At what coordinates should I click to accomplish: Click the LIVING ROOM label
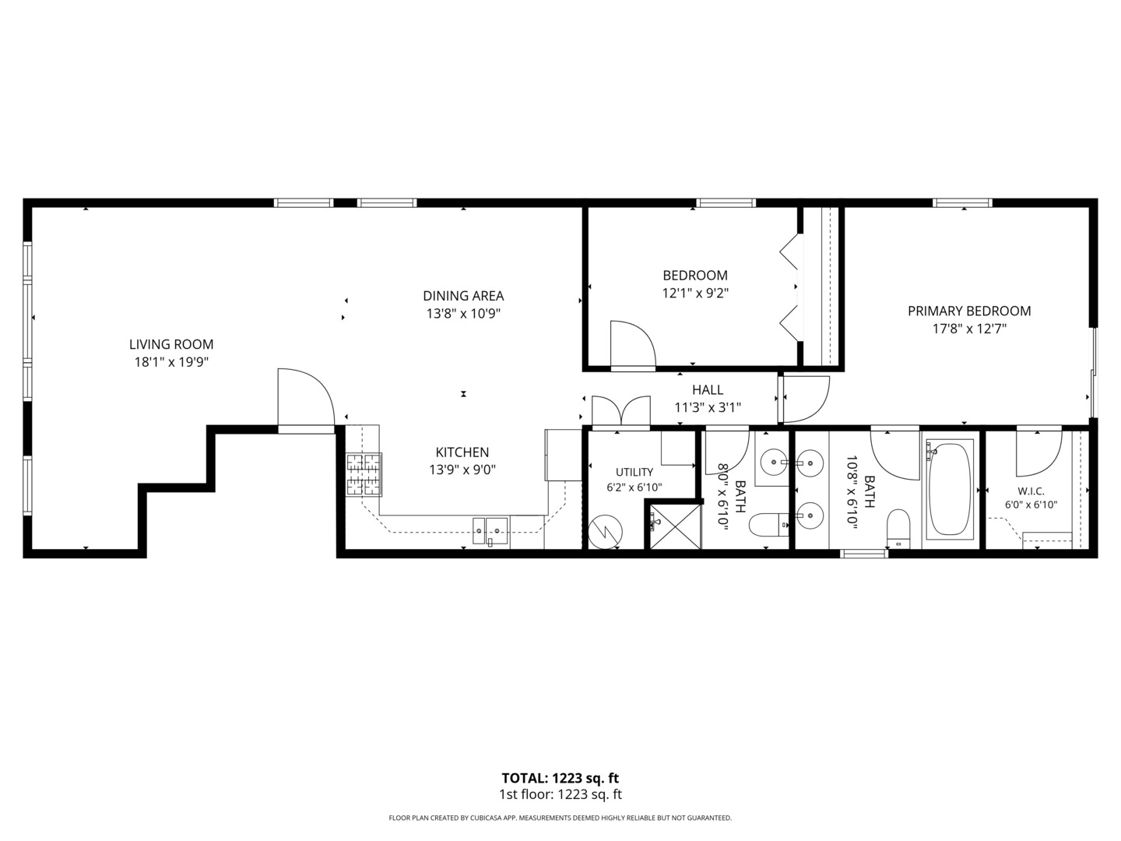pyautogui.click(x=171, y=344)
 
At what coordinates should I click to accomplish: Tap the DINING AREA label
pyautogui.click(x=463, y=296)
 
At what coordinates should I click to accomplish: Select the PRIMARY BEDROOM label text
pyautogui.click(x=969, y=311)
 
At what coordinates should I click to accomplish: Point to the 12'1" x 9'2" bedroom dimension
pyautogui.click(x=695, y=293)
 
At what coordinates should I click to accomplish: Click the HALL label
pyautogui.click(x=708, y=390)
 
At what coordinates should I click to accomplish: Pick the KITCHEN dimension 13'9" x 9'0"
pyautogui.click(x=462, y=470)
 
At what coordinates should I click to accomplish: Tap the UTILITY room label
pyautogui.click(x=634, y=472)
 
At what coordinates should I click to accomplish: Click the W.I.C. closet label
pyautogui.click(x=1031, y=491)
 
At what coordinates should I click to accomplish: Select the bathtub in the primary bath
pyautogui.click(x=950, y=489)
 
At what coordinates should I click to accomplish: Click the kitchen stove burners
pyautogui.click(x=364, y=474)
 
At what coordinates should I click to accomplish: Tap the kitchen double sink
pyautogui.click(x=490, y=531)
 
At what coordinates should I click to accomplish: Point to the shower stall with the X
pyautogui.click(x=675, y=526)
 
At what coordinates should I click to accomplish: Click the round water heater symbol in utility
pyautogui.click(x=605, y=532)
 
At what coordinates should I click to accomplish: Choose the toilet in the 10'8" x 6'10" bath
pyautogui.click(x=898, y=528)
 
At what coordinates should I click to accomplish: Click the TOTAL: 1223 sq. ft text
pyautogui.click(x=560, y=778)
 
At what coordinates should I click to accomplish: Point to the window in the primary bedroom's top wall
pyautogui.click(x=962, y=202)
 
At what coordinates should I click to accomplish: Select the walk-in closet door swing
pyautogui.click(x=1038, y=453)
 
